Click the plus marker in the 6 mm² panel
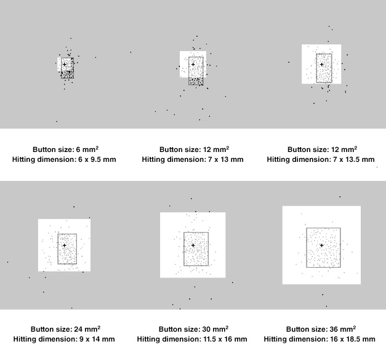click(65, 64)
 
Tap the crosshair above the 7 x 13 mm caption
click(193, 64)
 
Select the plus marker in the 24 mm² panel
click(65, 245)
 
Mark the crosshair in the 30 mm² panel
click(193, 245)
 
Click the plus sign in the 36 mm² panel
click(321, 245)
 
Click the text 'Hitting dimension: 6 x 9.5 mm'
click(64, 159)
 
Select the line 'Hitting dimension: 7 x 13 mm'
click(193, 159)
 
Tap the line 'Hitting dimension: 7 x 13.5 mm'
click(321, 159)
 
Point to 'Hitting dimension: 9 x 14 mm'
click(64, 339)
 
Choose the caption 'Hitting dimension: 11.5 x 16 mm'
click(193, 339)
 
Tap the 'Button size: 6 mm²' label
click(64, 150)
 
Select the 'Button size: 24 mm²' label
click(64, 329)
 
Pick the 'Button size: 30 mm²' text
click(193, 329)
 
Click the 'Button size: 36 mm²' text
click(321, 329)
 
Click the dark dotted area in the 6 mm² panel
click(68, 74)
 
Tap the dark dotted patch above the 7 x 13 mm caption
click(196, 81)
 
